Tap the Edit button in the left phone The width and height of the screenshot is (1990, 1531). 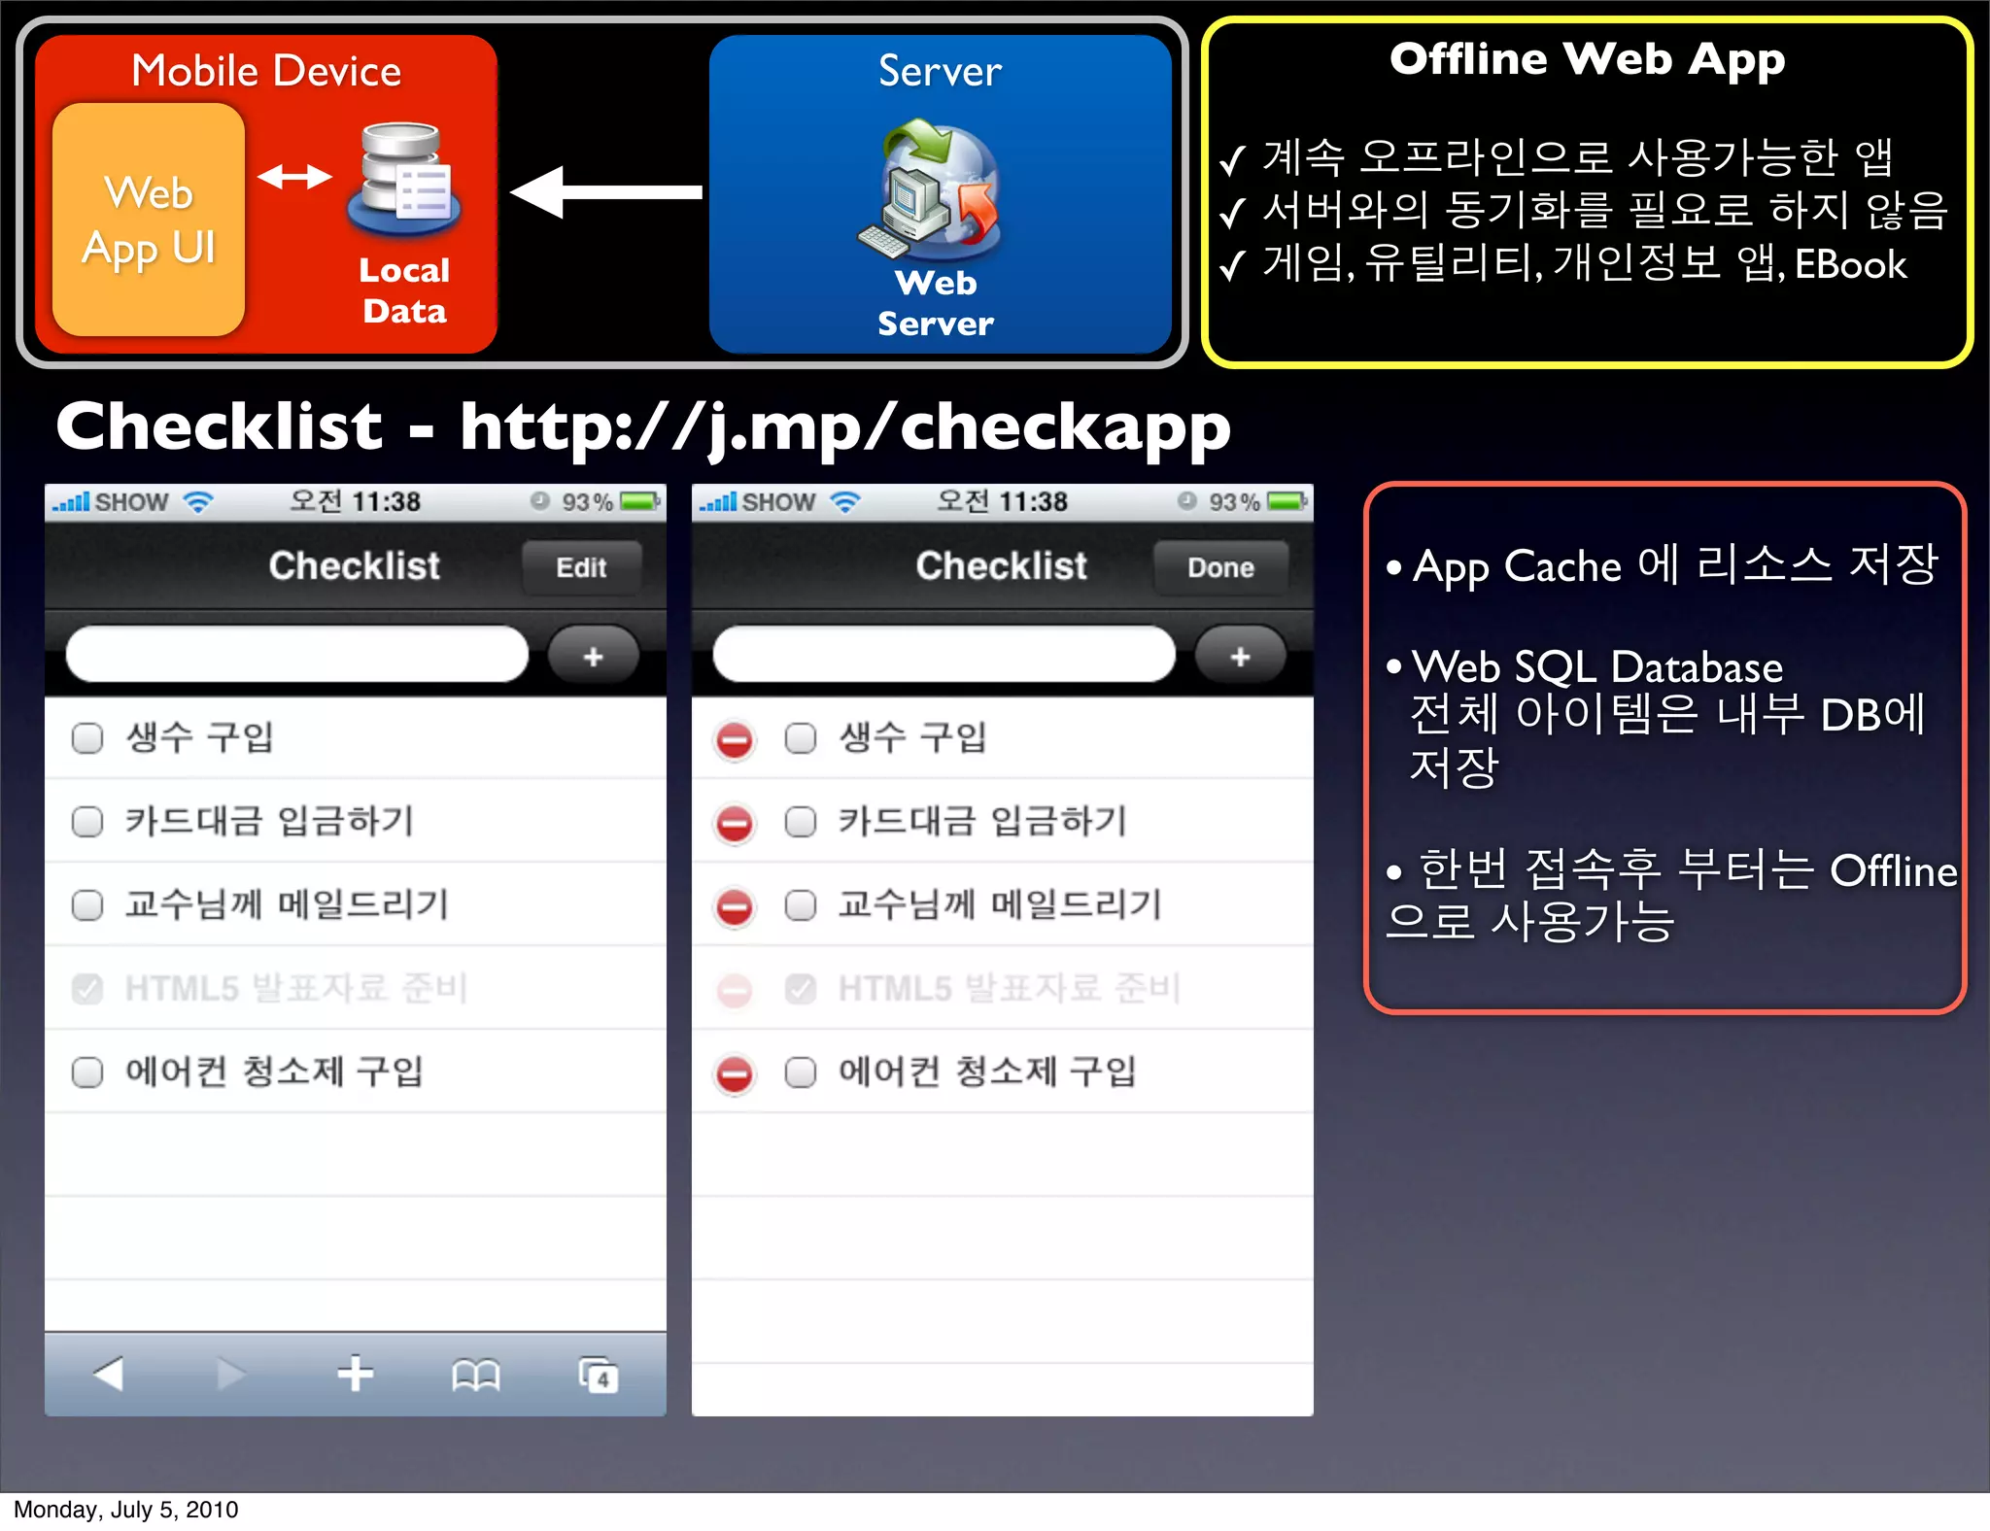click(x=581, y=567)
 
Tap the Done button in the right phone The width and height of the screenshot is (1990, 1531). click(x=1220, y=567)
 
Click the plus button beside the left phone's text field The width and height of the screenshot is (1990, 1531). click(x=593, y=657)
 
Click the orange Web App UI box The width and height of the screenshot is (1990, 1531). click(x=149, y=220)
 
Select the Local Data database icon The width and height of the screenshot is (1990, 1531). click(x=404, y=181)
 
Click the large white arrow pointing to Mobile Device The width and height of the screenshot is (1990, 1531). click(x=606, y=192)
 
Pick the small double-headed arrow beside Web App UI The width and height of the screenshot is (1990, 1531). click(x=294, y=177)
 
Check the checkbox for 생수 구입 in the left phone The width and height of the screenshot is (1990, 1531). click(x=87, y=738)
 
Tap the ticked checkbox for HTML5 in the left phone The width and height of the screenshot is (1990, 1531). click(x=87, y=989)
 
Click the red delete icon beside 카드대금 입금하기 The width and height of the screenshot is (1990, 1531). click(x=735, y=823)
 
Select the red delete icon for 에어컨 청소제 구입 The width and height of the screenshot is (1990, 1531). click(x=735, y=1074)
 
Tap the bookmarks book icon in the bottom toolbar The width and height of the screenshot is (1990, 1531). click(x=475, y=1375)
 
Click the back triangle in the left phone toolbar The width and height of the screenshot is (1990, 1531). click(x=109, y=1374)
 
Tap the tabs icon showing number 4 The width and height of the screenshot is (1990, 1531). click(x=598, y=1375)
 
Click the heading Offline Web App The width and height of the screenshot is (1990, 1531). click(x=1587, y=60)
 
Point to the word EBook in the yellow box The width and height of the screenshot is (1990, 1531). click(x=1850, y=265)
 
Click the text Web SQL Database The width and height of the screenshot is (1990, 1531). click(x=1596, y=667)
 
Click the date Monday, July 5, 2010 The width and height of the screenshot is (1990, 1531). click(x=126, y=1510)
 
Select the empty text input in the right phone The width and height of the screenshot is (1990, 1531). click(x=944, y=655)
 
